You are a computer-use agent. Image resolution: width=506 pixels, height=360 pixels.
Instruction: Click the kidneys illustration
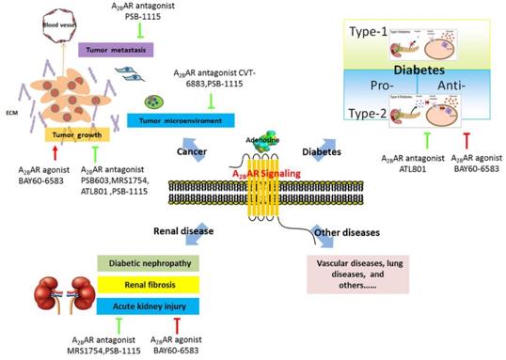48,299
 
